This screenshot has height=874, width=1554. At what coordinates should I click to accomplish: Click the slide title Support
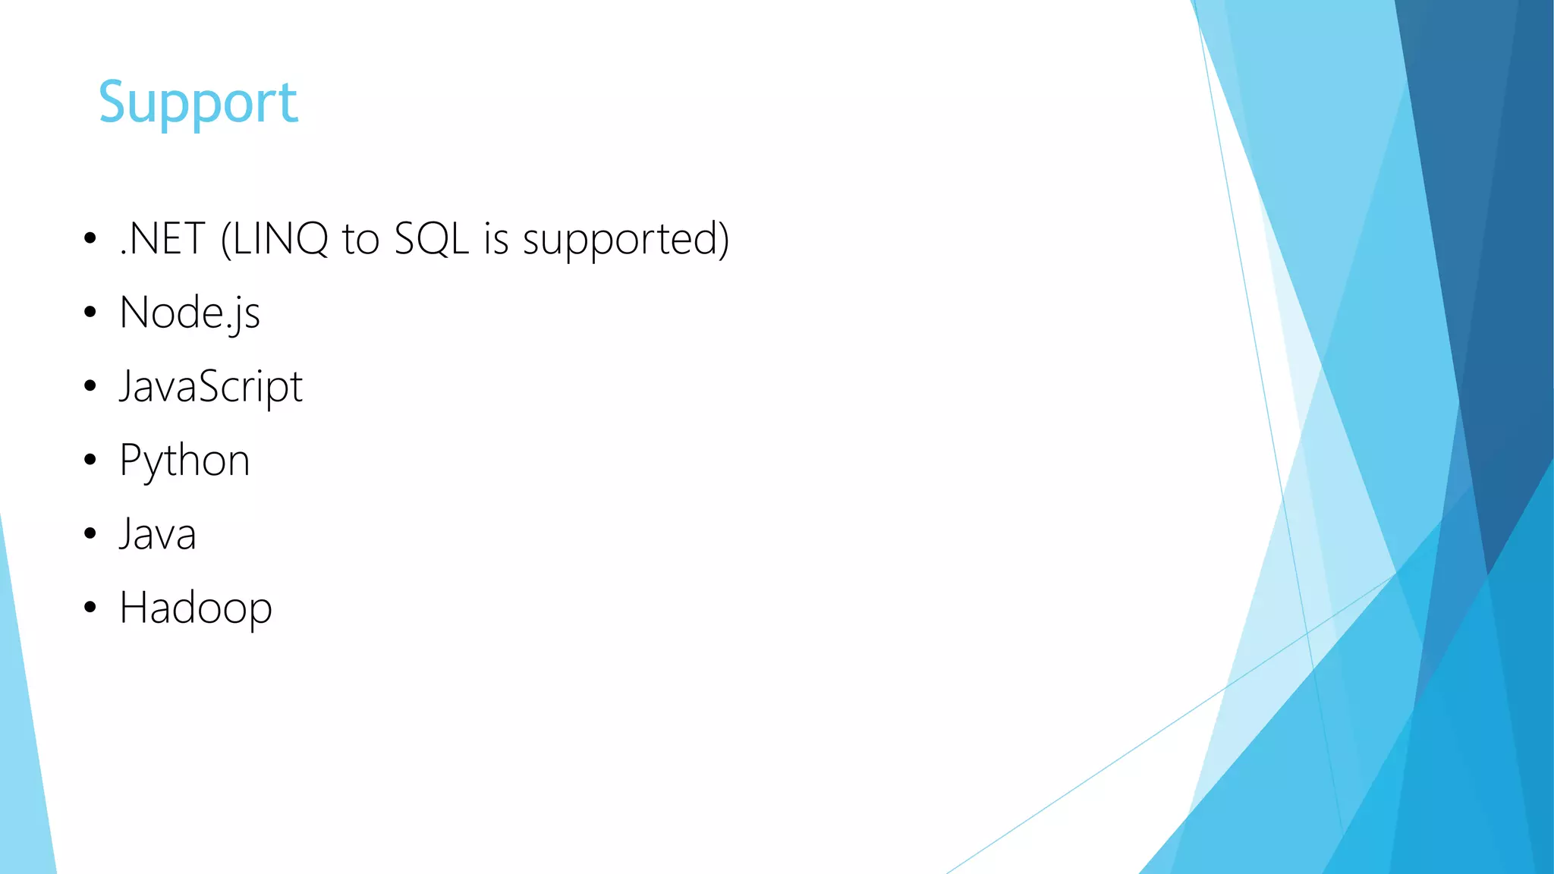(x=198, y=102)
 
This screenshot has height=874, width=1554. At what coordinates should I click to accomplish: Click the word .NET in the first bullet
(x=162, y=239)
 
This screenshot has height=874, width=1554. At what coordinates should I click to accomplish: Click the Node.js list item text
(x=190, y=313)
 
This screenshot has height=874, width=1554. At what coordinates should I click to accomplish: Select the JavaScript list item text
(x=211, y=387)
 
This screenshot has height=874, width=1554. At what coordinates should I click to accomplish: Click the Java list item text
(x=158, y=534)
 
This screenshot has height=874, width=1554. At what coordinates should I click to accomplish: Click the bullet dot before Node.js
(x=90, y=313)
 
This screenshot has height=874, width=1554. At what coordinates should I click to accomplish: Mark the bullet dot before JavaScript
(x=90, y=386)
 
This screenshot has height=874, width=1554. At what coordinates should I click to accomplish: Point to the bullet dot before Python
(x=90, y=460)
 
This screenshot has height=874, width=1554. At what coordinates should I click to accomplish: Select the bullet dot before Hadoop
(x=90, y=607)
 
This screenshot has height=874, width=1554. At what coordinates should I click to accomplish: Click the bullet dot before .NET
(x=90, y=239)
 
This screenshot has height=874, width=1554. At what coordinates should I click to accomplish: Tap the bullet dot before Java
(x=90, y=533)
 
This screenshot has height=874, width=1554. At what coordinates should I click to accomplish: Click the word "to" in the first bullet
(x=360, y=239)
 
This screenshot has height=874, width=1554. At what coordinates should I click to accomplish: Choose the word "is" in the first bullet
(x=496, y=239)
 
